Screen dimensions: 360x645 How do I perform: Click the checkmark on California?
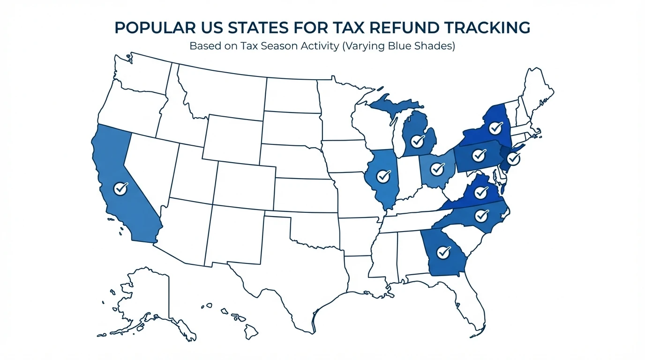click(120, 188)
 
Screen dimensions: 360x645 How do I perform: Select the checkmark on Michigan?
click(417, 140)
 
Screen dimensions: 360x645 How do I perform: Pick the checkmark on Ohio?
click(437, 167)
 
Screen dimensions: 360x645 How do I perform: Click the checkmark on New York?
click(495, 127)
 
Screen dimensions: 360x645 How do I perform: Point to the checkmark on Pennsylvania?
click(478, 155)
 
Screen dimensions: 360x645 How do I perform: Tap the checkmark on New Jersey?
click(513, 158)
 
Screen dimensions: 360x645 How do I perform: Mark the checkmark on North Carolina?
click(481, 216)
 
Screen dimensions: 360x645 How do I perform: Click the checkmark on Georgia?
click(443, 252)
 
